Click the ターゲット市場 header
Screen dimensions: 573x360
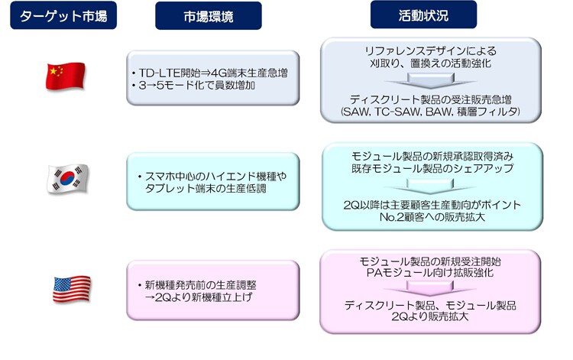[x=63, y=15]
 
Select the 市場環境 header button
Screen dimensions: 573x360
[x=209, y=16]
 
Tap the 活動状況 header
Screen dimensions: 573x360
[x=423, y=15]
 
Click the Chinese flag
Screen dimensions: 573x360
[x=66, y=76]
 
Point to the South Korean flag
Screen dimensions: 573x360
[x=68, y=178]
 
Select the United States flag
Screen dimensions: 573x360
[x=72, y=289]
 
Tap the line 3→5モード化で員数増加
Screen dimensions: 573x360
[x=196, y=86]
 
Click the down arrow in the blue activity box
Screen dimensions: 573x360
[x=430, y=81]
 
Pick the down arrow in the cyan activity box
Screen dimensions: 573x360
[x=430, y=186]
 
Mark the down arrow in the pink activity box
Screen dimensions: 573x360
[x=429, y=288]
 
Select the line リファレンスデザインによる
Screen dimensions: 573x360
[x=431, y=50]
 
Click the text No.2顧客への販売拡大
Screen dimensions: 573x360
[x=432, y=217]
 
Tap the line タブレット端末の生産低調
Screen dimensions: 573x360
[x=206, y=189]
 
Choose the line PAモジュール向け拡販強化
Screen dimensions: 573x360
[x=430, y=272]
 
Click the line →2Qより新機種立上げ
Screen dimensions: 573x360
[x=199, y=297]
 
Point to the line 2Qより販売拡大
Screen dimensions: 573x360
[x=429, y=316]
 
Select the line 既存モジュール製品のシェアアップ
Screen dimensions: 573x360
[x=432, y=168]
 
